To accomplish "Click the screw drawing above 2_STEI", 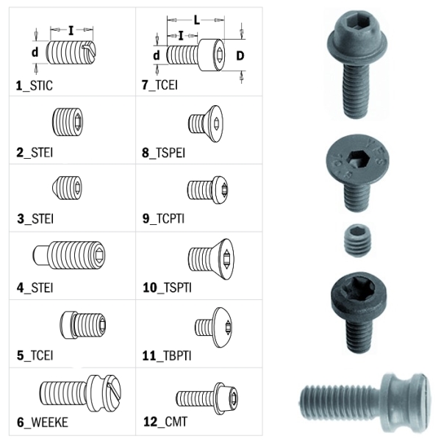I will coord(67,120).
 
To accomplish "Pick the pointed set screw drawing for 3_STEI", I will coord(67,187).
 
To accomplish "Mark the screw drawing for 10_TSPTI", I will coord(210,258).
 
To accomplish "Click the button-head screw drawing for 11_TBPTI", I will coord(212,326).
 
